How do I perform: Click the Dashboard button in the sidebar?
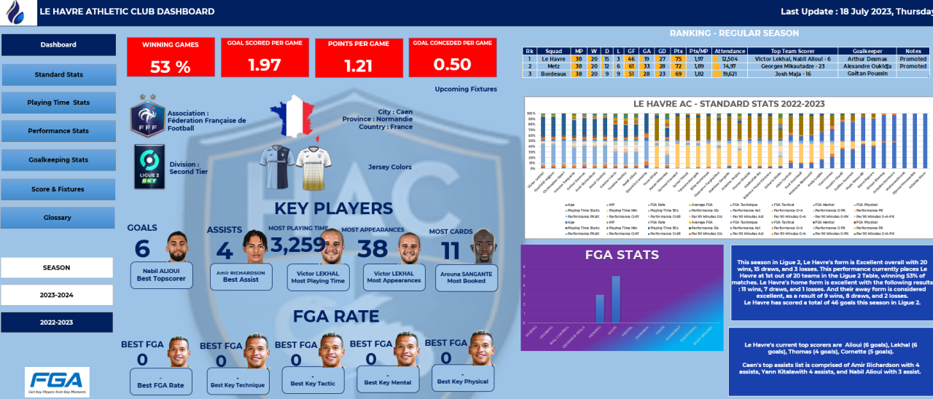coord(58,45)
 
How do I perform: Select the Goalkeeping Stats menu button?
coord(58,160)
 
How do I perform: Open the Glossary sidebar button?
coord(58,218)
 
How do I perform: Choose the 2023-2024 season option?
coord(57,296)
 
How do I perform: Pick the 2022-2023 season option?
coord(57,323)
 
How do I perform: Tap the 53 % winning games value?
coord(171,67)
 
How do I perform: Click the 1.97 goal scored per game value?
coord(265,65)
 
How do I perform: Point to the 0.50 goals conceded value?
coord(452,64)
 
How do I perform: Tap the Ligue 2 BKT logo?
coord(148,167)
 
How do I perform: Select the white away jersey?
coord(311,167)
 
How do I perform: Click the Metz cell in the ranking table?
coord(553,66)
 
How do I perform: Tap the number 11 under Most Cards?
coord(450,250)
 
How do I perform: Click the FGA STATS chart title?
coord(622,256)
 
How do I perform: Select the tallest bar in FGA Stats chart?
coord(615,299)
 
